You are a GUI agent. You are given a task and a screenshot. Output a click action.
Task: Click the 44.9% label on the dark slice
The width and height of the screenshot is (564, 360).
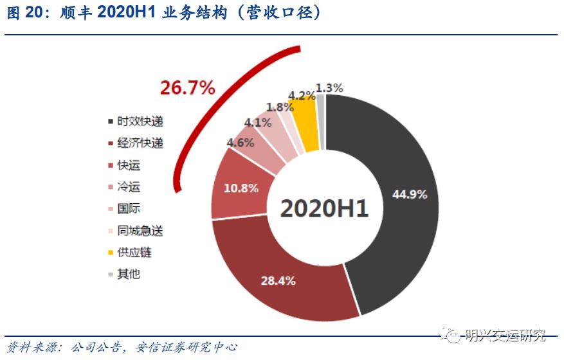point(410,195)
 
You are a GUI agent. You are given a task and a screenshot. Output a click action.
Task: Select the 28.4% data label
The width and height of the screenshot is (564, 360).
point(278,280)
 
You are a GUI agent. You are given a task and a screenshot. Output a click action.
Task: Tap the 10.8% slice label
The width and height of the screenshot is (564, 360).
point(241,188)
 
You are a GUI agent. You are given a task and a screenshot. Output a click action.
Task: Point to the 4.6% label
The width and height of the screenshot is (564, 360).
point(241,143)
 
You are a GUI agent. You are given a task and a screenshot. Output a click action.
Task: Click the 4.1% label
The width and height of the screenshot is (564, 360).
point(258,122)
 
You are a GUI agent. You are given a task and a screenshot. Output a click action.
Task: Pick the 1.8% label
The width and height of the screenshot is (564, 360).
point(280,107)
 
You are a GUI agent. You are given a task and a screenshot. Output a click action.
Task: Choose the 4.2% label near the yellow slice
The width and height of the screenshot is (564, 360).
point(302,96)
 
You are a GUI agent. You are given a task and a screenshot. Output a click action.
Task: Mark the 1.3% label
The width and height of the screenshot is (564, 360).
point(330,87)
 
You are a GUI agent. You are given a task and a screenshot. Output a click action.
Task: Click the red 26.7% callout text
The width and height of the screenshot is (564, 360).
point(187,89)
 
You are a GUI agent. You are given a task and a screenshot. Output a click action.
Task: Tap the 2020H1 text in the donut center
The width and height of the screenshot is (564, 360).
point(324,208)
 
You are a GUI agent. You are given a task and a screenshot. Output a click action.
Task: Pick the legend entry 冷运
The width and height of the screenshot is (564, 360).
point(129,187)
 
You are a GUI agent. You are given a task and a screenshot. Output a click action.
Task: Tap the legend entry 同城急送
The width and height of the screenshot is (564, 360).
point(140,230)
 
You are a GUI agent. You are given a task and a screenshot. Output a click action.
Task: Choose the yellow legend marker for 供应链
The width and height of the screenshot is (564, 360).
point(111,253)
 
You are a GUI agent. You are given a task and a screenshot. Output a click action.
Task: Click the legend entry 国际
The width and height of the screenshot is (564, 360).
point(129,209)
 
